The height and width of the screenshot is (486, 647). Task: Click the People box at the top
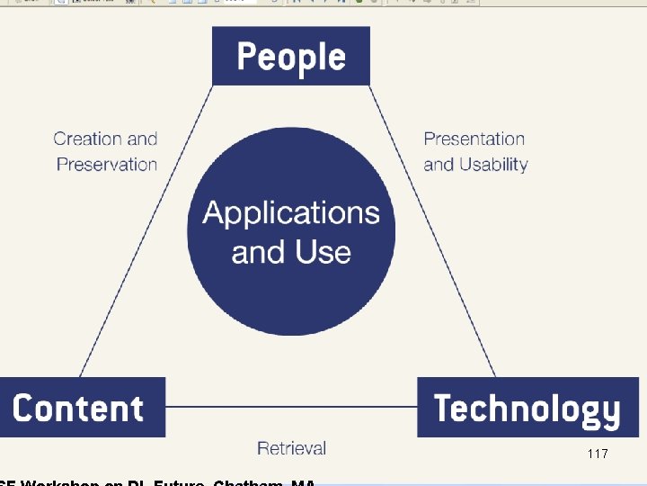point(291,56)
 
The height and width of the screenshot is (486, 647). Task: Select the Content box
point(81,408)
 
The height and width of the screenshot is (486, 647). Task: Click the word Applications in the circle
point(291,213)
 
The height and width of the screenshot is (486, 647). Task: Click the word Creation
point(87,139)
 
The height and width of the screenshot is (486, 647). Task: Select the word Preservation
point(106,164)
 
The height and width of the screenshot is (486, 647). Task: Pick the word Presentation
point(474,139)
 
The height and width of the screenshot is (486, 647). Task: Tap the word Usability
point(493,165)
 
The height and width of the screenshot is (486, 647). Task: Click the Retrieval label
point(291,447)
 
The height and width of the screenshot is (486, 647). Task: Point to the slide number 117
point(597,454)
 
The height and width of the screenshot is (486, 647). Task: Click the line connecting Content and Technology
point(291,407)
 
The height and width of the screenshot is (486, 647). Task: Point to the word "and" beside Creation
point(142,139)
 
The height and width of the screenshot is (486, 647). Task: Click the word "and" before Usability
point(439,165)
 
